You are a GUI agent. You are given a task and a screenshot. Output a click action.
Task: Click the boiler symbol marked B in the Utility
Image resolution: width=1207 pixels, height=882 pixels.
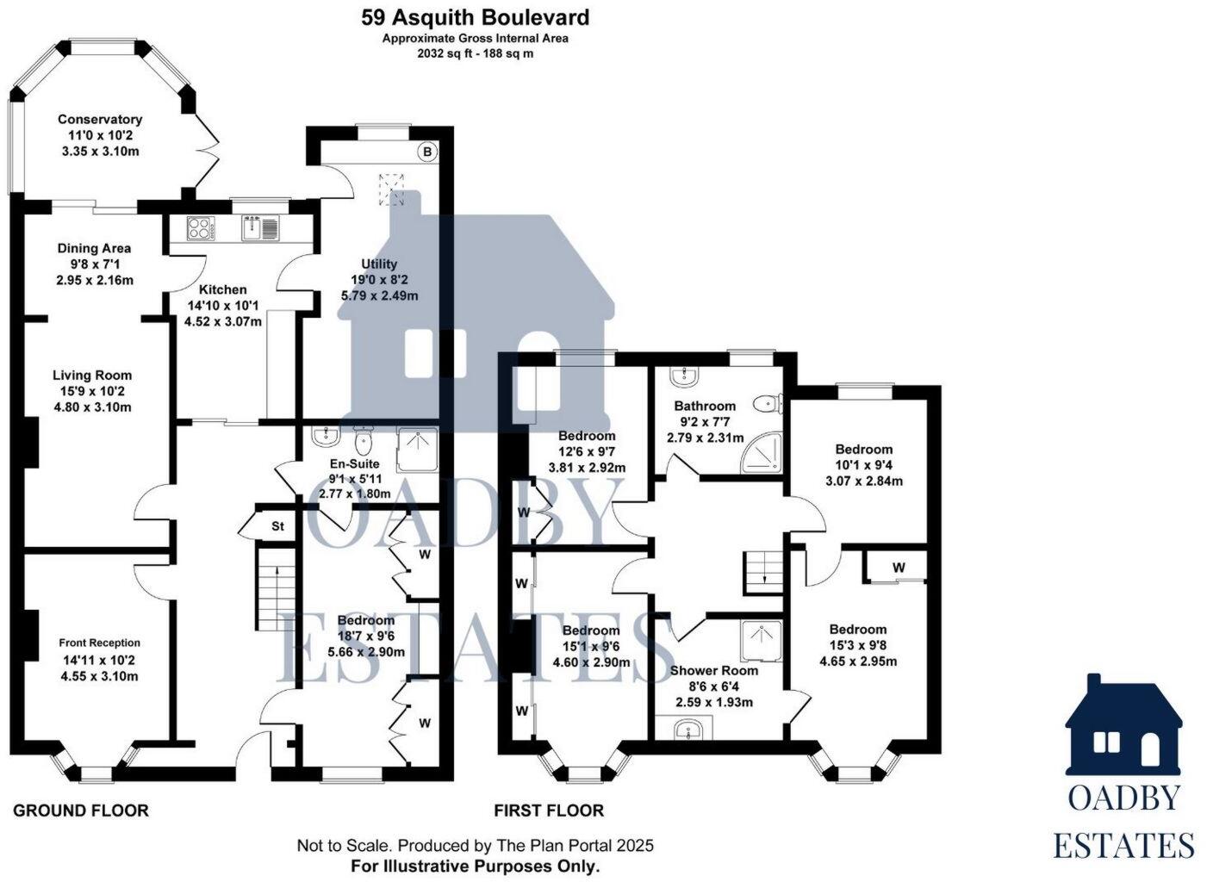427,152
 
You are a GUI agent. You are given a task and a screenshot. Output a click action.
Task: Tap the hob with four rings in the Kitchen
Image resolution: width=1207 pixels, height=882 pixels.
199,228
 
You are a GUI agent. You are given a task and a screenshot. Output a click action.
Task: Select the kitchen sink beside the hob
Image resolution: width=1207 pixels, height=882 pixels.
259,228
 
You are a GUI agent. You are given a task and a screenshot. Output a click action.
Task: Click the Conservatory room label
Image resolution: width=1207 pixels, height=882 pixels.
100,120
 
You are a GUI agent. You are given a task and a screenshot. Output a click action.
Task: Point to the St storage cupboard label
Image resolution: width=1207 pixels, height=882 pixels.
278,525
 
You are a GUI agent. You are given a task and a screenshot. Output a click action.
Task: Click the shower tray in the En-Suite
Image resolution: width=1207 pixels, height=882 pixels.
417,449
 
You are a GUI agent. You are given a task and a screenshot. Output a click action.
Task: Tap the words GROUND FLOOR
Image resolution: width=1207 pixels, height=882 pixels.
81,811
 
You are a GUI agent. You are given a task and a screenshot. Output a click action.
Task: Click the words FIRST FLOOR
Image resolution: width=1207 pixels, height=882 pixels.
549,811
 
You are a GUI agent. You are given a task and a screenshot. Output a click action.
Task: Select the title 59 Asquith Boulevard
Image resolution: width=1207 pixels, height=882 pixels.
475,17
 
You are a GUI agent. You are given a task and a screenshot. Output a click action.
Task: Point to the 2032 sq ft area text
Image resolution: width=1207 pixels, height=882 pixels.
475,53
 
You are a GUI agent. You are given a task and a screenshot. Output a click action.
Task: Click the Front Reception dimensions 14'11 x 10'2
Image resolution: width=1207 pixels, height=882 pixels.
99,661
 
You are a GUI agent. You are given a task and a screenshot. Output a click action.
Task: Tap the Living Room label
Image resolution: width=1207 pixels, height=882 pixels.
92,375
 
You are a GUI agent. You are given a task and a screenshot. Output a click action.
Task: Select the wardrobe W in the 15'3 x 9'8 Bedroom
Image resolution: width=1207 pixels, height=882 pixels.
899,568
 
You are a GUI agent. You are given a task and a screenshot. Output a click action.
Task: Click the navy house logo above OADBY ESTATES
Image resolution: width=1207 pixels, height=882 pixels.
1123,725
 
